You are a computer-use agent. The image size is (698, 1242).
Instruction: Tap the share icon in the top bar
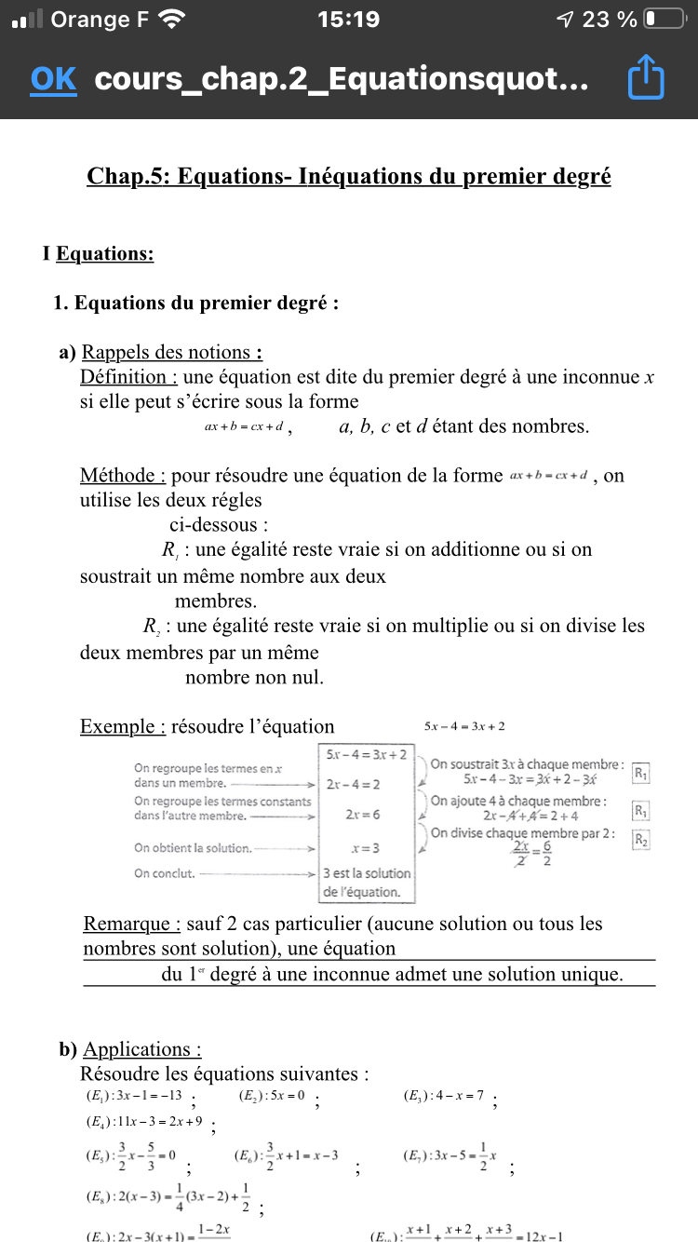(646, 79)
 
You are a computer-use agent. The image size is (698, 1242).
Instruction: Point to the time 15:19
(348, 19)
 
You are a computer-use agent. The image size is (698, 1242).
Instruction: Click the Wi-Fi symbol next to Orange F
(172, 19)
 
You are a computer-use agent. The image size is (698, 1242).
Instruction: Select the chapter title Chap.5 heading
(348, 176)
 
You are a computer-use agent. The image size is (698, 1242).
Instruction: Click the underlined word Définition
(128, 377)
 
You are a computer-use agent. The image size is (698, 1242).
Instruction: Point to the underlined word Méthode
(123, 475)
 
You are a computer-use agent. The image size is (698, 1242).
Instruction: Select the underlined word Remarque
(131, 924)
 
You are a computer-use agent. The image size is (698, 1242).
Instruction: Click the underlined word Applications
(142, 1049)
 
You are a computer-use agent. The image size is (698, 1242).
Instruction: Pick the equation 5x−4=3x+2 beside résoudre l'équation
(464, 726)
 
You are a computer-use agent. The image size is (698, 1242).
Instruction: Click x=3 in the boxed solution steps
(365, 848)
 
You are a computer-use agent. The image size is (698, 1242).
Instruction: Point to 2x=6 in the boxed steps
(365, 815)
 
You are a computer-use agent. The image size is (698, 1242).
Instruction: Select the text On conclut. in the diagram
(165, 873)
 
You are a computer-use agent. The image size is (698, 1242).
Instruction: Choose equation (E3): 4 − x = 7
(444, 1096)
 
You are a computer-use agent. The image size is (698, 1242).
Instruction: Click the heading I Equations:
(99, 253)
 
